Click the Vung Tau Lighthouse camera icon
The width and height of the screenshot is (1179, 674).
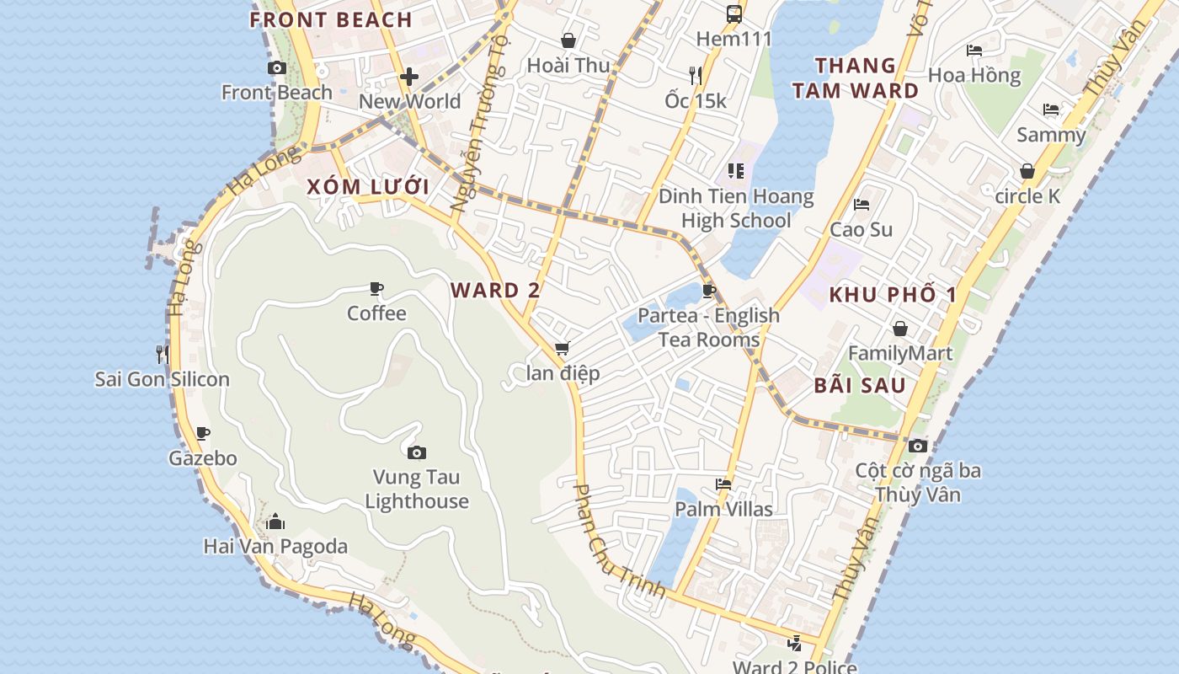point(416,453)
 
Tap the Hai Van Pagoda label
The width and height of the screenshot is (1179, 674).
point(275,546)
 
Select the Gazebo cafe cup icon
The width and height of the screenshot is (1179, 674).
point(202,434)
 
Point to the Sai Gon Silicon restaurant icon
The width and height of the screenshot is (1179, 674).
point(163,354)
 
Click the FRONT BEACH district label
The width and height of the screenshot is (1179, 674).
point(331,20)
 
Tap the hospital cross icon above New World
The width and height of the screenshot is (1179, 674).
point(409,77)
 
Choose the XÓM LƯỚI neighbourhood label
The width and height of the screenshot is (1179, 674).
point(368,187)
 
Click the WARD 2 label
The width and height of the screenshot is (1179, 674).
point(495,291)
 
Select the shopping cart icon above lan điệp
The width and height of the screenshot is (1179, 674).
point(562,348)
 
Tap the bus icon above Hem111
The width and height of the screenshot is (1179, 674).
point(734,13)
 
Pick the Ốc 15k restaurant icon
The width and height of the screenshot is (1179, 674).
point(696,76)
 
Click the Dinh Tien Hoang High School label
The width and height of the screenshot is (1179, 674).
point(736,208)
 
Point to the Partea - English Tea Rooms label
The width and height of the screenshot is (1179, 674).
point(708,327)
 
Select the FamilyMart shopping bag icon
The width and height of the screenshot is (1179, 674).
point(900,329)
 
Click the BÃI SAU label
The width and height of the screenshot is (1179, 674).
point(860,386)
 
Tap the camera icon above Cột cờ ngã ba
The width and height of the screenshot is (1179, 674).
point(918,446)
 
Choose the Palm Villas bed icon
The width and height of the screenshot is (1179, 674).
point(723,484)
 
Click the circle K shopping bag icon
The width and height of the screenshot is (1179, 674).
point(1027,172)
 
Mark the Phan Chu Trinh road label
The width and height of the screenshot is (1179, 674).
point(619,541)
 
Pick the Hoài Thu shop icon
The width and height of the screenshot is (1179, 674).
point(568,40)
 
